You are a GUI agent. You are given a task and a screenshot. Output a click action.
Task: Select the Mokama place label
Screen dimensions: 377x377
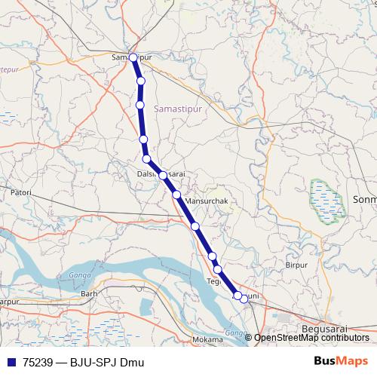[x=207, y=340]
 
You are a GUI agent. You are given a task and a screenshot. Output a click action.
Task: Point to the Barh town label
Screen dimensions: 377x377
[x=90, y=293]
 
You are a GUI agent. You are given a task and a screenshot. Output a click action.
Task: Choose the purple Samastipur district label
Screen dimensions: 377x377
[x=179, y=109]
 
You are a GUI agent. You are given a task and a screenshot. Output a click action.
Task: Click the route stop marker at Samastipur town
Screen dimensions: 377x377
[x=133, y=57]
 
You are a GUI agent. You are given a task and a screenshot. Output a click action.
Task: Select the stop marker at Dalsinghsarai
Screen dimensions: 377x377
[x=163, y=175]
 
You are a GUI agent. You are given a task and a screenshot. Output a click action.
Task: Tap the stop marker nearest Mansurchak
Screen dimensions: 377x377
[x=176, y=195]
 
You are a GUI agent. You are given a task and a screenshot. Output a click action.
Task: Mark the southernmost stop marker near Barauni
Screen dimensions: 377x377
[x=244, y=299]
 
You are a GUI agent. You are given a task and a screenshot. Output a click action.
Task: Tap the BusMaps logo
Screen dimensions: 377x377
[x=340, y=361]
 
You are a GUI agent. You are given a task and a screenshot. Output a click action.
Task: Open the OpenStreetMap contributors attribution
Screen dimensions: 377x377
[x=311, y=338]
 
